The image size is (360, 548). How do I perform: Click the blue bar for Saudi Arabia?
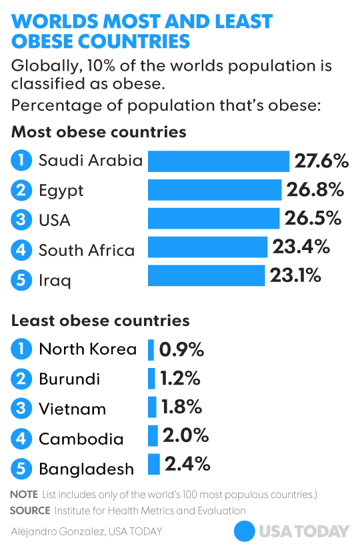219,161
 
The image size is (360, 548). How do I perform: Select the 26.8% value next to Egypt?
315,190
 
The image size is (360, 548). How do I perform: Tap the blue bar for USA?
213,219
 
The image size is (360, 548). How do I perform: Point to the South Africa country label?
87,251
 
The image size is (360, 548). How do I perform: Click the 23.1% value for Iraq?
295,275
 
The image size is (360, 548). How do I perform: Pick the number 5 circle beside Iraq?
21,280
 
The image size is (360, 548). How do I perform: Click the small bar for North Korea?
151,349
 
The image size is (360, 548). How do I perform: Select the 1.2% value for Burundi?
180,379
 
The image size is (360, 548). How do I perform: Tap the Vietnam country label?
72,408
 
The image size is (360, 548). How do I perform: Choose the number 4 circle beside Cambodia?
21,439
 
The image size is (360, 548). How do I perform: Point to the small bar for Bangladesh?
154,464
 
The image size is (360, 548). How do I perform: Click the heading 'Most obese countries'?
99,132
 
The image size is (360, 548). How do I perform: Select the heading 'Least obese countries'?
101,321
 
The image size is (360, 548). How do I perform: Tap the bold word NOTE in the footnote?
24,495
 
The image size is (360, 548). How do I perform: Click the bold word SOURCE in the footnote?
30,510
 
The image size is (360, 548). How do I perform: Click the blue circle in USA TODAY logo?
245,531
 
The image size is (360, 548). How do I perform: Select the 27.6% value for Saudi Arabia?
321,161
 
